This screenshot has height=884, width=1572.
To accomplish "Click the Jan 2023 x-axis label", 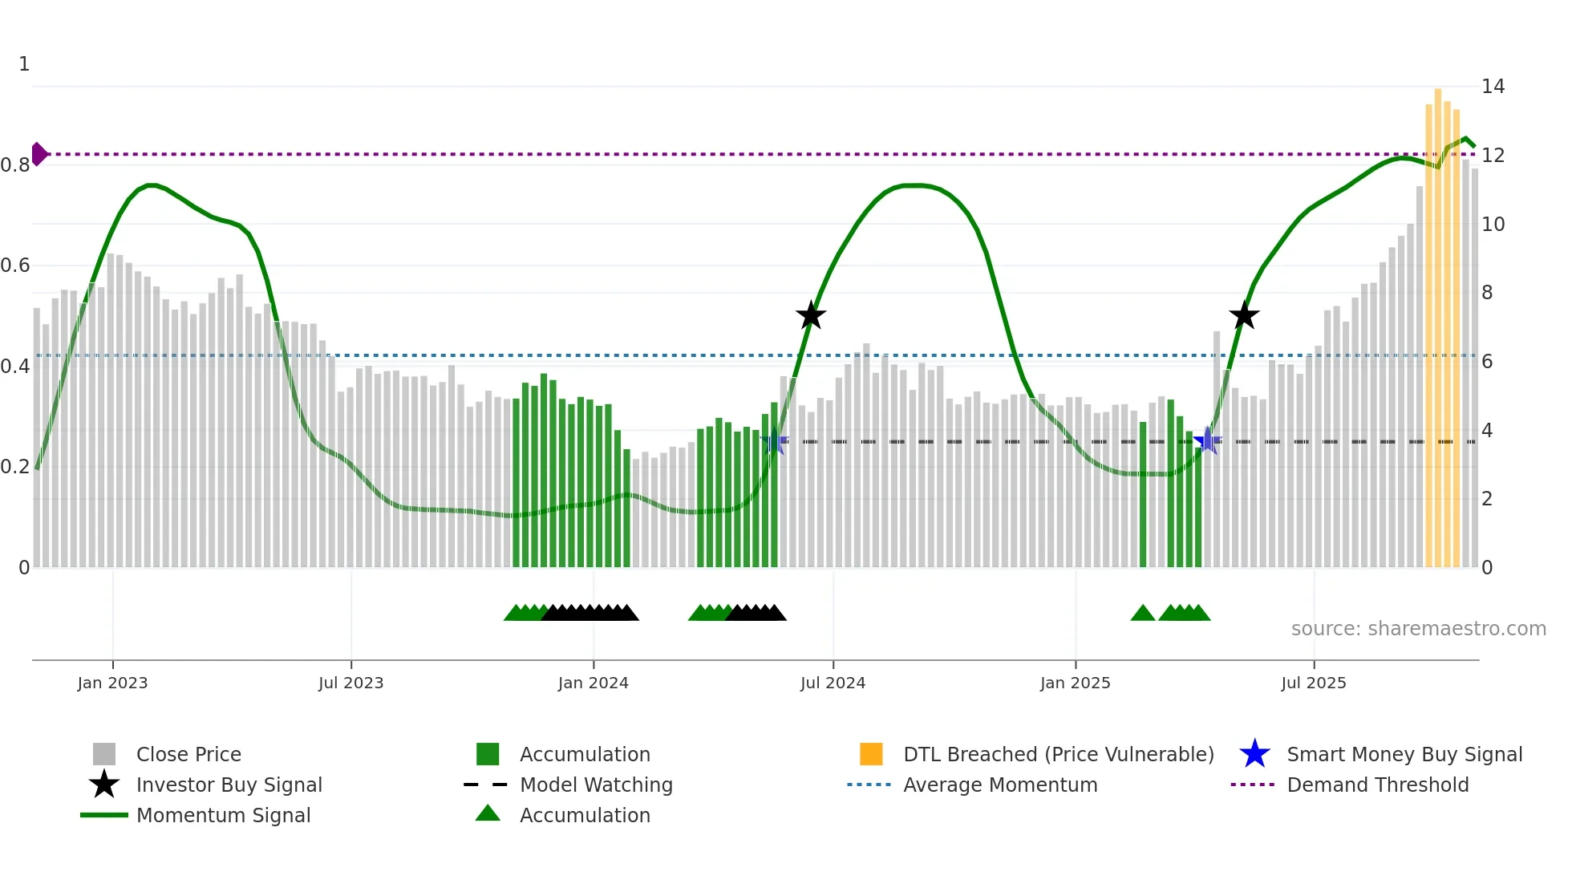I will coord(112,683).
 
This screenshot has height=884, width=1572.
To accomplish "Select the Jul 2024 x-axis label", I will coord(833,683).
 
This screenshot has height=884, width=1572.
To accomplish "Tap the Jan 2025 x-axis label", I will coord(1075,683).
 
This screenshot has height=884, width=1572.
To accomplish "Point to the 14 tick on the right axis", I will coord(1493,87).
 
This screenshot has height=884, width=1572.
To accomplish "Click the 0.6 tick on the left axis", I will coord(16,266).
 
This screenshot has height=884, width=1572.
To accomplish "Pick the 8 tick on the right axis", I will coord(1487,293).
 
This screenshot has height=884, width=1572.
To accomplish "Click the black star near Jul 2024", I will coord(811,316).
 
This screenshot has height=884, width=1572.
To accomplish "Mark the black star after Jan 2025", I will coord(1244,316).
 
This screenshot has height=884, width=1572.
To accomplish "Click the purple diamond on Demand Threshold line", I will coord(38,154).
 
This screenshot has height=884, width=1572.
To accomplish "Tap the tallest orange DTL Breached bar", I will coord(1438,321).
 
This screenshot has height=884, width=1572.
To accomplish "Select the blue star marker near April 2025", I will coord(1207,440).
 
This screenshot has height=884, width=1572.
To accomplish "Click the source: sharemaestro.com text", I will coord(1418,629).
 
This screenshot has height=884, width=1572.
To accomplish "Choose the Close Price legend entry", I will coord(188,754).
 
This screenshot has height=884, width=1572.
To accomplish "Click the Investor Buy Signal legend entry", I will coord(229,785).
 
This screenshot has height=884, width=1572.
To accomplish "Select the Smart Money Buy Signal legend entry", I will coord(1404,754).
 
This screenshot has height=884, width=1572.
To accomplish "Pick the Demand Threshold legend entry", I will coord(1377,785).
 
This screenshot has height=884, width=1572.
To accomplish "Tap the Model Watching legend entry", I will coord(595,785).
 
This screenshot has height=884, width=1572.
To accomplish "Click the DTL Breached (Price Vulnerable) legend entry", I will coord(1058,754).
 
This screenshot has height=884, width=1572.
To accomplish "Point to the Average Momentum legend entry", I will coord(999,785).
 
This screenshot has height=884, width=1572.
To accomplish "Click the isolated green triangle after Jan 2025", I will coord(1142,614).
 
